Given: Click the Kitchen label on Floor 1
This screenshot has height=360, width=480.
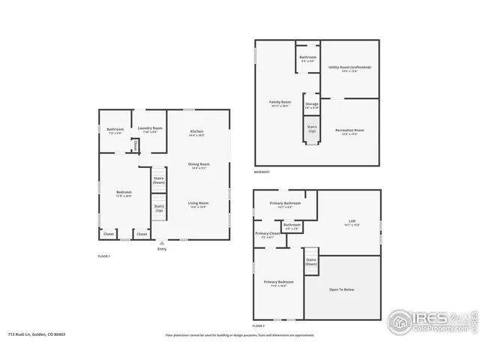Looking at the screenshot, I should point(196,132).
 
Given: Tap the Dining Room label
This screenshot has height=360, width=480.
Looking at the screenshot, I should point(199,163).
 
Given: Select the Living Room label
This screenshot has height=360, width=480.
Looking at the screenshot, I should point(199,202).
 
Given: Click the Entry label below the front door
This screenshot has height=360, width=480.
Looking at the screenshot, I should point(162,249).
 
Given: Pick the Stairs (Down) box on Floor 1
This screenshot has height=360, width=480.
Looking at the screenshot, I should point(159,180).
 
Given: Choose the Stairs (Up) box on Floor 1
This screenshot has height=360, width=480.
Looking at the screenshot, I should point(159,208).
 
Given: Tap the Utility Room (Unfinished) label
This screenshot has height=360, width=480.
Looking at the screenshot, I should point(349,67).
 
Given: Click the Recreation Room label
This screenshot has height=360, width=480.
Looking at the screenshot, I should point(349,130).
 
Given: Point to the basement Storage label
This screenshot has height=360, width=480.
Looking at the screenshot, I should point(312,104).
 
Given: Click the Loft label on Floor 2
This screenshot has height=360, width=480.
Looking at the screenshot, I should point(352,220).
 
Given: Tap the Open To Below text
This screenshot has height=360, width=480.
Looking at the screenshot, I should point(341,289).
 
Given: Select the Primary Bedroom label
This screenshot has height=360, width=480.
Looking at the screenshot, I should point(277,282).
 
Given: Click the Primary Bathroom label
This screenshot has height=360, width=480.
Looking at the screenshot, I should point(286,203).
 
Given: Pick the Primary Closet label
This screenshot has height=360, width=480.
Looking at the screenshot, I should point(268,233).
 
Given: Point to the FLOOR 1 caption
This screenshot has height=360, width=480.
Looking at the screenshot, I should point(104,256).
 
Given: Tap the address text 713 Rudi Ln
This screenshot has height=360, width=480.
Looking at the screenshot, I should point(35,335).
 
